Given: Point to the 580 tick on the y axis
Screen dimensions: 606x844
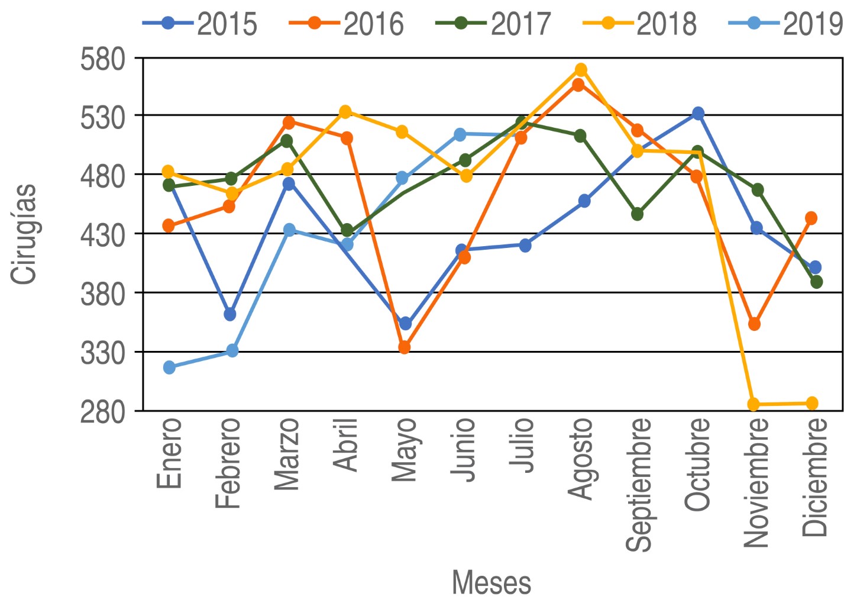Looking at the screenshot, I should pos(104,59).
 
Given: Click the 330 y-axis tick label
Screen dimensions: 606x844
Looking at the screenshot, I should pos(104,353).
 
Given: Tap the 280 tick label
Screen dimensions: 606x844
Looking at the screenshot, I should pos(104,412).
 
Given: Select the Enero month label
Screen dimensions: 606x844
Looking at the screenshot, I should pos(169,453).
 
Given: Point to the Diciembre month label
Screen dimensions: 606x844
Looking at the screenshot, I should pos(814,477).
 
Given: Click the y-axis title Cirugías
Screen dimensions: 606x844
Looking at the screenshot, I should pos(24,234).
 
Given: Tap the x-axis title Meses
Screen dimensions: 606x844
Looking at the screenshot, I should pos(491,582).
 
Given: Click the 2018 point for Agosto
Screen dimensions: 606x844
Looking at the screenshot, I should pos(581,70).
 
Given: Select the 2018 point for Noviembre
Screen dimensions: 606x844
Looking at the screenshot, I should pos(754,405).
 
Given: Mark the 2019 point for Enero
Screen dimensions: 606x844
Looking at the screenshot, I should pos(169,368).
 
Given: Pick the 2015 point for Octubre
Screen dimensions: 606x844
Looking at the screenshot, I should pos(698,113).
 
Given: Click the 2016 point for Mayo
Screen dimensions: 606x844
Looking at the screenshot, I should pos(404,347).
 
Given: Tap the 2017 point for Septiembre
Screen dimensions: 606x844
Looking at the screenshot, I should pos(637,214).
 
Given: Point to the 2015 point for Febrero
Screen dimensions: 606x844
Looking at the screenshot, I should pos(230,314).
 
